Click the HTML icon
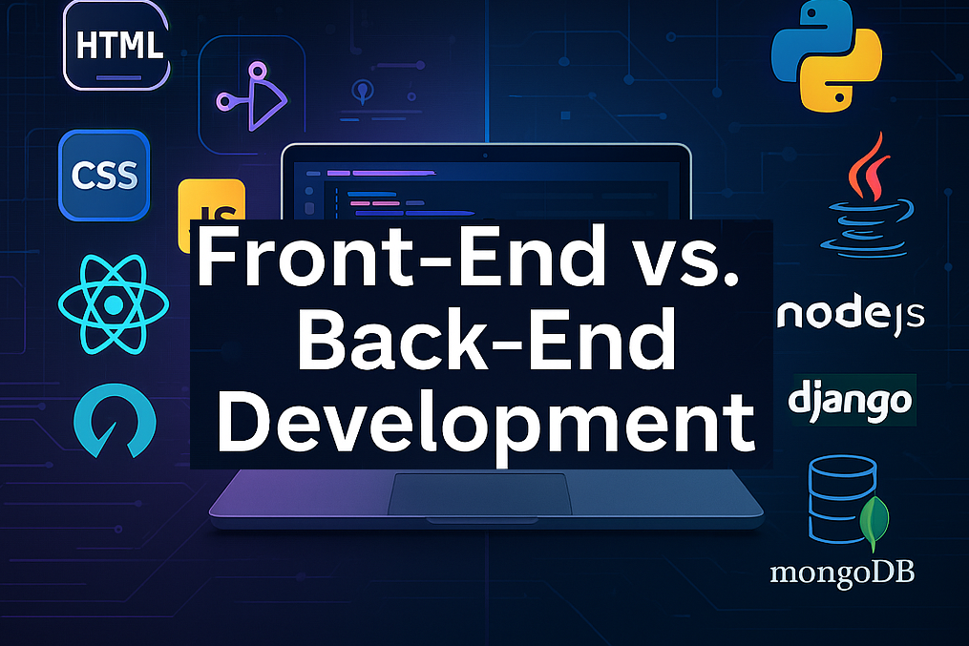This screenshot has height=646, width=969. pos(116,45)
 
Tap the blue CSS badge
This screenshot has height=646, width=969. pos(104,176)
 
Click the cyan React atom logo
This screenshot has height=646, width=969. pos(114,304)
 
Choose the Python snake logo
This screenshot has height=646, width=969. pos(826,56)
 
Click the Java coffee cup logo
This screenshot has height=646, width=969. pos(867,197)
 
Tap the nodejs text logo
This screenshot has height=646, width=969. pos(851,316)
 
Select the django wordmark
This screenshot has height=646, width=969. pos(851,401)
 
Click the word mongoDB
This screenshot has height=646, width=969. pos(842,573)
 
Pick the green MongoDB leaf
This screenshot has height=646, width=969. pos(874,523)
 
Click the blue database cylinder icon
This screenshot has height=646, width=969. pos(842,499)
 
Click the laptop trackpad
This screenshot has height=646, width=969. pos(479,494)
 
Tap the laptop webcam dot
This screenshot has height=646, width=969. pos(485,156)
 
